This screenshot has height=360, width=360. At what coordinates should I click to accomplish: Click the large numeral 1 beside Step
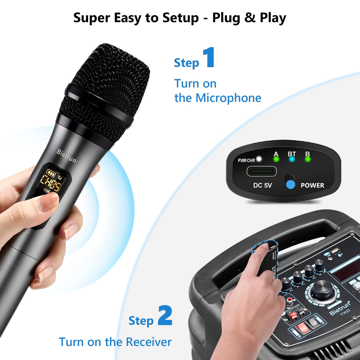[x=209, y=57]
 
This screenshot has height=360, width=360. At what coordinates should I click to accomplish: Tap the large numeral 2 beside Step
[x=165, y=316]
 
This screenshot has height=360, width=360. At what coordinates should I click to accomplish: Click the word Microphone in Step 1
[x=228, y=98]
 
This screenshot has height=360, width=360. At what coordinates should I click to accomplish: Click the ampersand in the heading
[x=250, y=18]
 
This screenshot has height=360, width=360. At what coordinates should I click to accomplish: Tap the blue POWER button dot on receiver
[x=291, y=184]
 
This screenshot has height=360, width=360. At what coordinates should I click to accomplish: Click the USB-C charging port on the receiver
[x=262, y=171]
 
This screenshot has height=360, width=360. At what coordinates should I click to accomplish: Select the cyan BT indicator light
[x=292, y=159]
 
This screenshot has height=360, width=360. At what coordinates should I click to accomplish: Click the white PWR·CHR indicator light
[x=259, y=159]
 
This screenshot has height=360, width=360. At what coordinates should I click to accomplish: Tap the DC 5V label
[x=262, y=185]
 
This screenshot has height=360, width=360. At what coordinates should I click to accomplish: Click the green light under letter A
[x=276, y=159]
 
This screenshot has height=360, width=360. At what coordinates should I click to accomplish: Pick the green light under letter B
[x=308, y=159]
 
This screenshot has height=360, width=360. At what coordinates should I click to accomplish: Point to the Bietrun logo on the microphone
[x=66, y=156]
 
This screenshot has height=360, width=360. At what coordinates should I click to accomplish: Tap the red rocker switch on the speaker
[x=303, y=327]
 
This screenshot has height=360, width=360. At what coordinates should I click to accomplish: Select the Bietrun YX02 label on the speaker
[x=341, y=308]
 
